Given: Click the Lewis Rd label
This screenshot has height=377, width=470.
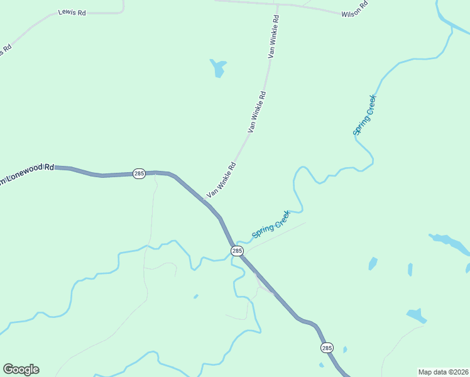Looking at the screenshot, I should click(72, 12).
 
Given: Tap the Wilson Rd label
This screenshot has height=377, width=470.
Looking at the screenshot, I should click(354, 13).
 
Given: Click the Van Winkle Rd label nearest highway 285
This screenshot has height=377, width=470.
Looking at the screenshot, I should click(221, 180).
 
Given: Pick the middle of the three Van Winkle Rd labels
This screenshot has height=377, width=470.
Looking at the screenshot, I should click(256, 112).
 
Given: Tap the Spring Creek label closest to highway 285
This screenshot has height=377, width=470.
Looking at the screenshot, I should click(271, 224).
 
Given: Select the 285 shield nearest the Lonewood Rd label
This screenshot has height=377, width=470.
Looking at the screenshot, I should click(139, 173).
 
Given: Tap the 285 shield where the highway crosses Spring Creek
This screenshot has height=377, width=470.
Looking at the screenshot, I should click(237, 251).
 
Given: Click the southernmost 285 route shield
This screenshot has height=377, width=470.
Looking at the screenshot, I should click(327, 347).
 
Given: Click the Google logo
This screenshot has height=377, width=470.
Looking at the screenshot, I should click(21, 369).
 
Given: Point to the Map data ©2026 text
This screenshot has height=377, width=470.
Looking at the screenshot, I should click(443, 371).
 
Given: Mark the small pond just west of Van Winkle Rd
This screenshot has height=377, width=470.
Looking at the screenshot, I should click(218, 67).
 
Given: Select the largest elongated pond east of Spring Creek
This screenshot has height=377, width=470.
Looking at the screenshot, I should click(450, 243).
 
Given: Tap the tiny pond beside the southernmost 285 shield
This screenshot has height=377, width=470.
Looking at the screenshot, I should click(345, 349).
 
